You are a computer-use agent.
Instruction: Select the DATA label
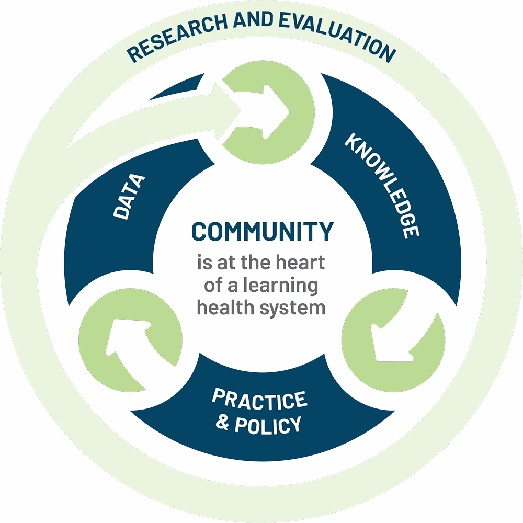point(128,197)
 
